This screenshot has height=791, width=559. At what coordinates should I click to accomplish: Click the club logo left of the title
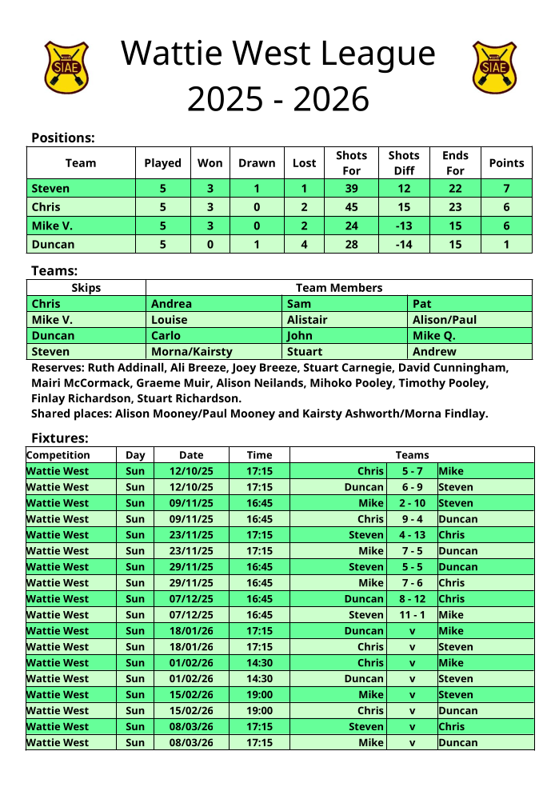pyautogui.click(x=66, y=67)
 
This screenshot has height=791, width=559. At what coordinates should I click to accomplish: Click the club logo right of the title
pyautogui.click(x=494, y=67)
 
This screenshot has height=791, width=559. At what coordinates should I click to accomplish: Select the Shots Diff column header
pyautogui.click(x=404, y=162)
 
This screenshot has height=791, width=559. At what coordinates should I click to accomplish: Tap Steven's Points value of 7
pyautogui.click(x=506, y=189)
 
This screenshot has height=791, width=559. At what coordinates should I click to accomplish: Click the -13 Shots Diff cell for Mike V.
pyautogui.click(x=404, y=226)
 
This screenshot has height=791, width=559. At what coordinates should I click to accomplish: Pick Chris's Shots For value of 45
pyautogui.click(x=351, y=207)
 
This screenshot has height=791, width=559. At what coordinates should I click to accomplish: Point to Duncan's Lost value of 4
pyautogui.click(x=304, y=244)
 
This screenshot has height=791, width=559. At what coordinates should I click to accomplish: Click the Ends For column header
pyautogui.click(x=455, y=162)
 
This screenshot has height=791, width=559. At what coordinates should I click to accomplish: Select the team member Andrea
pyautogui.click(x=171, y=304)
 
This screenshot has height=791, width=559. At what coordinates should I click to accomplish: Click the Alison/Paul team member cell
pyautogui.click(x=445, y=320)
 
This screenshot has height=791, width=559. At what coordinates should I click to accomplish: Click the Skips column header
pyautogui.click(x=86, y=288)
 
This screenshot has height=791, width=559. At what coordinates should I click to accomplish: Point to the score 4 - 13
pyautogui.click(x=412, y=535)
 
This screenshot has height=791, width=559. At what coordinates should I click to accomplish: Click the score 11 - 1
pyautogui.click(x=412, y=615)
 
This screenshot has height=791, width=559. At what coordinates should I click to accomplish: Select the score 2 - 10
pyautogui.click(x=412, y=503)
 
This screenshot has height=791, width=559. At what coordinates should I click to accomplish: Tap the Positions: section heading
pyautogui.click(x=63, y=138)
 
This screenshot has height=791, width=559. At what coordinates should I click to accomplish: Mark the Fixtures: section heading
pyautogui.click(x=60, y=437)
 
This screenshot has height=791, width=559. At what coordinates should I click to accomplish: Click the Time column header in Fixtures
pyautogui.click(x=259, y=455)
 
